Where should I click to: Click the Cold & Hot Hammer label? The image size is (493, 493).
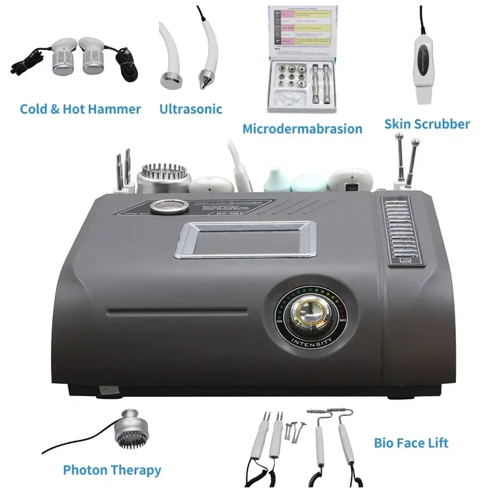[80, 109]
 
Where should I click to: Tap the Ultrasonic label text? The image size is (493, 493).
[190, 109]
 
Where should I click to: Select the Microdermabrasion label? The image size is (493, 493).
[302, 129]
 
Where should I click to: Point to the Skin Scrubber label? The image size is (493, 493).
[427, 124]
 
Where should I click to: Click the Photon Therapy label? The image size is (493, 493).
[112, 470]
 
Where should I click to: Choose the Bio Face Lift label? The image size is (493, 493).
[411, 442]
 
